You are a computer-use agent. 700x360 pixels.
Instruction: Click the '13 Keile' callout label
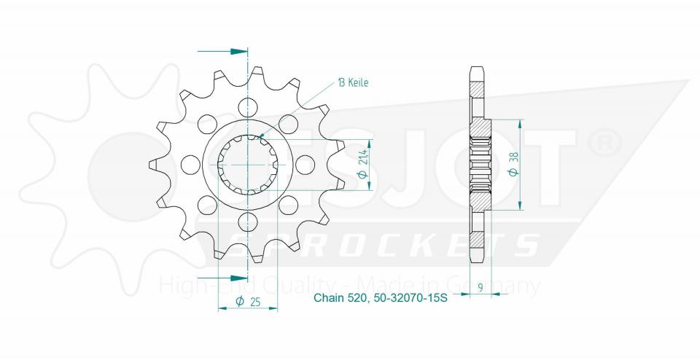point(353,82)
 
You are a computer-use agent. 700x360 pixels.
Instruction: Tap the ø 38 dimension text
point(513,165)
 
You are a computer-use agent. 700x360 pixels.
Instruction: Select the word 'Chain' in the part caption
point(329,297)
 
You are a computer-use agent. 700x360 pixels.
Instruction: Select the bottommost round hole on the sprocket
point(249,222)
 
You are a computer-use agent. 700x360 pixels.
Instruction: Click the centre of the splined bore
point(249,164)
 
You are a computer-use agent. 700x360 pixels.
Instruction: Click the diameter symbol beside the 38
point(513,173)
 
